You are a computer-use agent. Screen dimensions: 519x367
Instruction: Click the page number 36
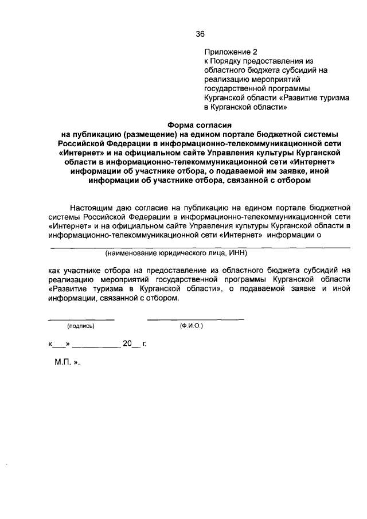pos(200,33)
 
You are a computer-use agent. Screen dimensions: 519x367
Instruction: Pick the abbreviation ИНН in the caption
pos(238,253)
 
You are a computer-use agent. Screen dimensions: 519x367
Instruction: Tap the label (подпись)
pos(80,326)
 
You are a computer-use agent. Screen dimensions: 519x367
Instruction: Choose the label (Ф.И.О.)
pos(191,326)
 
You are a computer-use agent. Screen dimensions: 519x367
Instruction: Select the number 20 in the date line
pos(127,344)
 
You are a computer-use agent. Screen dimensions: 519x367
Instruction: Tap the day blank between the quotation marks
pos(60,346)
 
